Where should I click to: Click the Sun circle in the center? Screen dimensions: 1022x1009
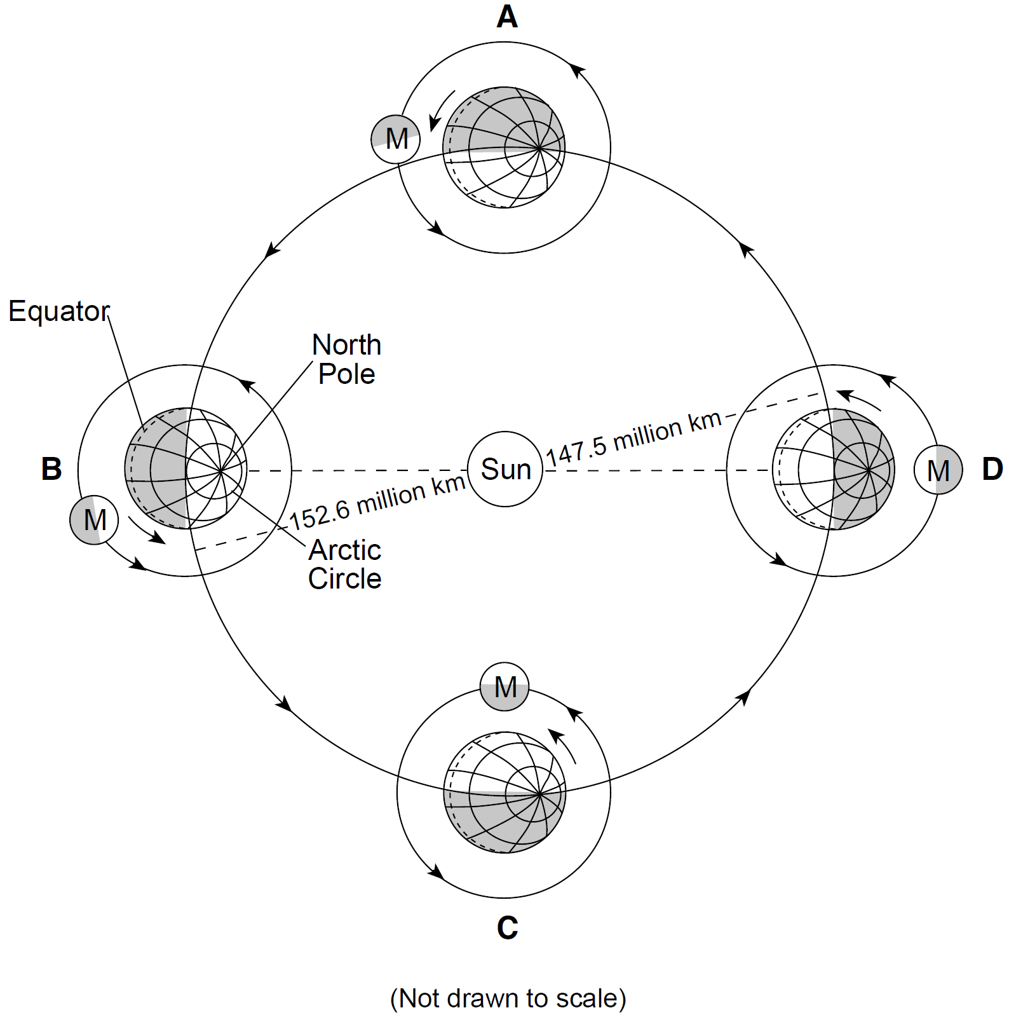[x=505, y=469]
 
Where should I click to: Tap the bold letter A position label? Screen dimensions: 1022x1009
[x=507, y=17]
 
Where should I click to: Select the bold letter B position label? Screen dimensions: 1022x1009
[x=51, y=469]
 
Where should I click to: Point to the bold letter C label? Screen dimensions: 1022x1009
[x=507, y=928]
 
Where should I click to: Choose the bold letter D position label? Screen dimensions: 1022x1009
[x=992, y=469]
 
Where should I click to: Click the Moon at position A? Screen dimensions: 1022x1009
[x=396, y=139]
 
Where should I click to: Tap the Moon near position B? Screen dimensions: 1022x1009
[x=94, y=520]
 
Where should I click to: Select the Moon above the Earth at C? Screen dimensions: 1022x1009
[x=504, y=686]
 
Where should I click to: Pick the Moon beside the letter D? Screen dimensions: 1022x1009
[x=938, y=470]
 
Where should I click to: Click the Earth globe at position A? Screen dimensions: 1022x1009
[x=504, y=147]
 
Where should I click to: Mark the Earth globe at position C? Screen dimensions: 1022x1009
[x=504, y=793]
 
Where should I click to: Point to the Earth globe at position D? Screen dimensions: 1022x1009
[x=834, y=470]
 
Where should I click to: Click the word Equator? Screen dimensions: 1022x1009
[x=59, y=311]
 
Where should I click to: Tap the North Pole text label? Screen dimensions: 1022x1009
[x=346, y=359]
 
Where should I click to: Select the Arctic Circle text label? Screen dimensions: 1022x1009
[x=345, y=564]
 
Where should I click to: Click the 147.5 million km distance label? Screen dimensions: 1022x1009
[x=633, y=437]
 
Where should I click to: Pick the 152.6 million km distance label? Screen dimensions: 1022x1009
[x=377, y=501]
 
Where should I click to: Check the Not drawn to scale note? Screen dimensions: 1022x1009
[x=508, y=998]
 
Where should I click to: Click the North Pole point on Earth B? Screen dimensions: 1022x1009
[x=220, y=471]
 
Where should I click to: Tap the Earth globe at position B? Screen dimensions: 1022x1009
[x=186, y=469]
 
